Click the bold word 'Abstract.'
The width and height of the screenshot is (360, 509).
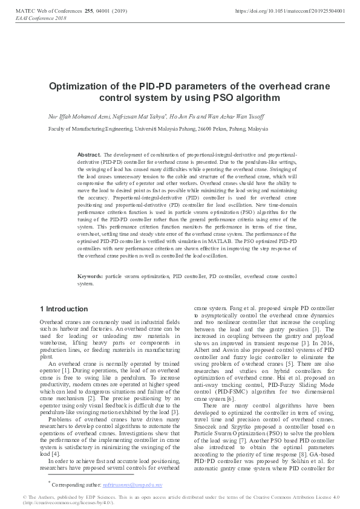click(x=90, y=155)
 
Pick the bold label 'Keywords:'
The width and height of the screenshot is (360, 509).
click(x=91, y=276)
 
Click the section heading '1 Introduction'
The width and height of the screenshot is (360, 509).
click(x=64, y=310)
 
